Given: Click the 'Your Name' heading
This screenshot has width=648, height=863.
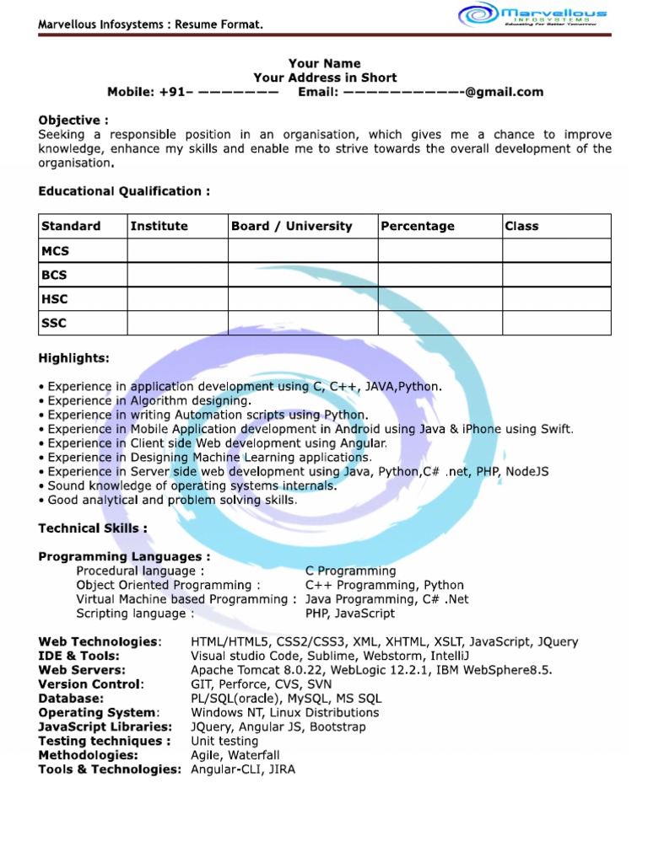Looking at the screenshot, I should tap(324, 63).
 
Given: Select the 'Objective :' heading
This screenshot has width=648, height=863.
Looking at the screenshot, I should tap(73, 121).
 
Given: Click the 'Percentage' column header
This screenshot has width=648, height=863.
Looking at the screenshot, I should tap(418, 226).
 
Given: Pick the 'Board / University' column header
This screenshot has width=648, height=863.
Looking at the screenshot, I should tap(292, 226).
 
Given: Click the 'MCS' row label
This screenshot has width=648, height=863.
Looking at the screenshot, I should tap(56, 250).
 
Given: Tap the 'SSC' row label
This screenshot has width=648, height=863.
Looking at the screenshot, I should tap(54, 323).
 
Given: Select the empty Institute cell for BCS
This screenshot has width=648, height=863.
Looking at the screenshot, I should tap(177, 275).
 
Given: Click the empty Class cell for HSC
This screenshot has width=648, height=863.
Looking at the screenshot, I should tap(556, 299).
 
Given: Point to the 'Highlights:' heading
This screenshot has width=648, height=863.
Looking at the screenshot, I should tap(73, 358).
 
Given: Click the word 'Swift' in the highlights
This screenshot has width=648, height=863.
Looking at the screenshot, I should tap(554, 429).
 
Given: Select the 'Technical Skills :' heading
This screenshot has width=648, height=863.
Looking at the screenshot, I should tap(93, 528).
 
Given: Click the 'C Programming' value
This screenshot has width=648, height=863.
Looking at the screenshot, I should tap(350, 571).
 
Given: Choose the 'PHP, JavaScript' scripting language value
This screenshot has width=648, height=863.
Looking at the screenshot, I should tap(349, 614).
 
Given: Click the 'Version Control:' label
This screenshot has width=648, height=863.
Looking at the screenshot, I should tap(91, 684).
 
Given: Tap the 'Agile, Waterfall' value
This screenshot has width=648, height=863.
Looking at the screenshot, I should tap(235, 755).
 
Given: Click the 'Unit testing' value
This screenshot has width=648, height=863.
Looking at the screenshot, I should tap(224, 741).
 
